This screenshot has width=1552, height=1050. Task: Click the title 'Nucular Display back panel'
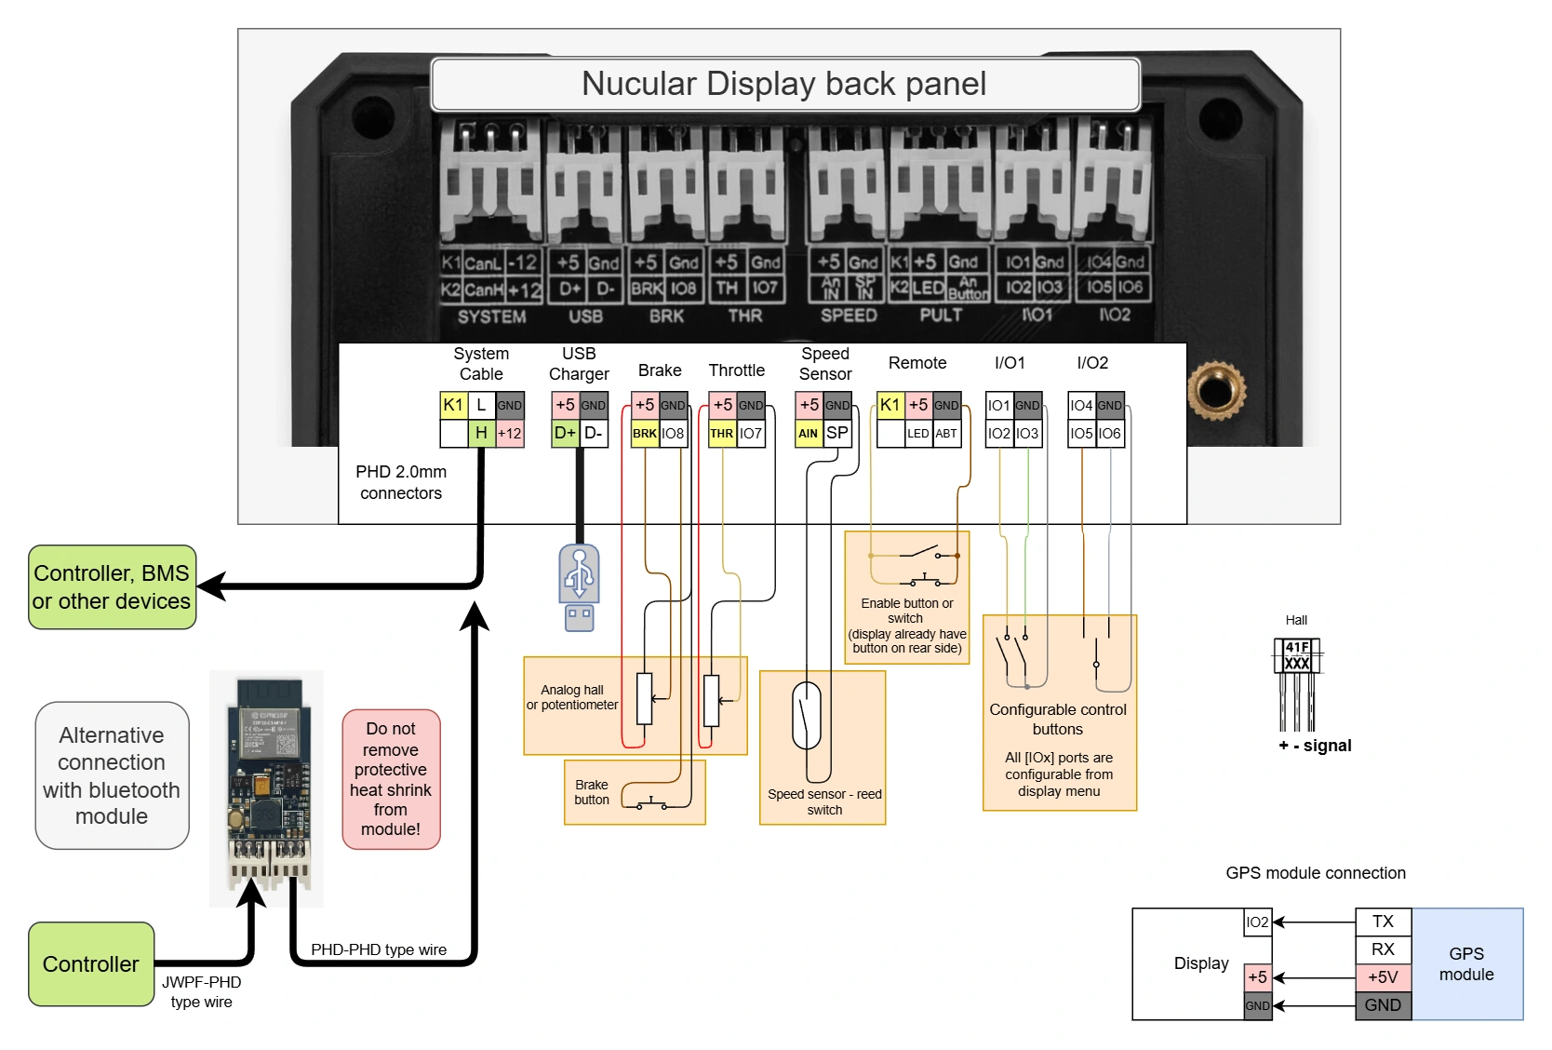tap(784, 84)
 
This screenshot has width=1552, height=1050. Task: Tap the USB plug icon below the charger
tap(579, 586)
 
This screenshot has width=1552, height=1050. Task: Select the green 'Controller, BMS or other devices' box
tap(112, 587)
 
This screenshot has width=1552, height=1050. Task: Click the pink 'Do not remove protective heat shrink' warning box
tap(391, 779)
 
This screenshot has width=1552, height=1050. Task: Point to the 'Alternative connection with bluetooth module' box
tap(112, 775)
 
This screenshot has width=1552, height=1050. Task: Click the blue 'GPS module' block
tap(1466, 964)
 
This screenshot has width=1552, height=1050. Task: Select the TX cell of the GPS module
tap(1383, 922)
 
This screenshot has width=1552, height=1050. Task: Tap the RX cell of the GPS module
tap(1383, 949)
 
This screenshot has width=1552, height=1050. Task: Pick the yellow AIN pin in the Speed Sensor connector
tap(809, 433)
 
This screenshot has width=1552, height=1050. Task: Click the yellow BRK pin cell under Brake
tap(645, 433)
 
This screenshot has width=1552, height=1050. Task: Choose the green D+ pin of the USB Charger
tap(565, 433)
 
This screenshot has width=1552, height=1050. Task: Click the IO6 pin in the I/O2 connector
tap(1110, 433)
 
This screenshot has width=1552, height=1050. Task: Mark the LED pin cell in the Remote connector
tap(918, 433)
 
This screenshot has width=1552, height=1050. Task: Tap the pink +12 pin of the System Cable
tap(510, 433)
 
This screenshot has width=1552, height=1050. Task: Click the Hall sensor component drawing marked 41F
tap(1297, 656)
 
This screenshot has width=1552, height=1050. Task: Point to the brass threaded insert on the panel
tap(1216, 389)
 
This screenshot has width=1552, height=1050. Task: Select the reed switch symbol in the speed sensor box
tap(807, 715)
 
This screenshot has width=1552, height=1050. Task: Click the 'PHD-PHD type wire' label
tap(379, 949)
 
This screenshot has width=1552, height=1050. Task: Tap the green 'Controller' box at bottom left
tap(91, 964)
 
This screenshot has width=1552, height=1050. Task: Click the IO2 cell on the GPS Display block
tap(1257, 922)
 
